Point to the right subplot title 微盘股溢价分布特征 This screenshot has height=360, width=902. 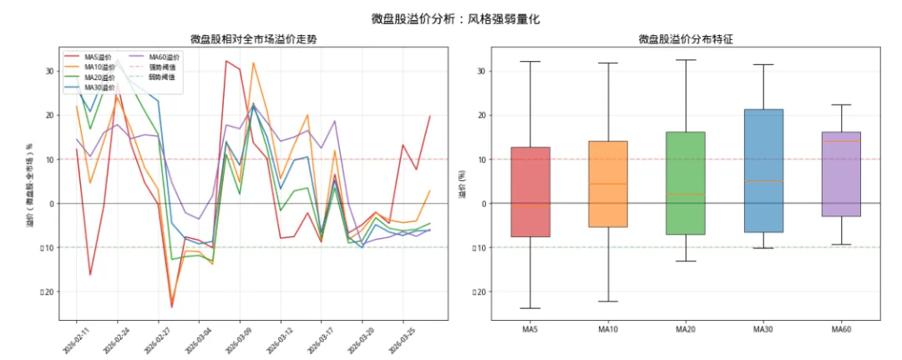(x=686, y=39)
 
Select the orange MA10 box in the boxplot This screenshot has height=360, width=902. (x=608, y=184)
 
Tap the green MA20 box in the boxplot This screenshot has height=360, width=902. (x=686, y=183)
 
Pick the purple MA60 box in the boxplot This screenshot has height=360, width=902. (x=841, y=174)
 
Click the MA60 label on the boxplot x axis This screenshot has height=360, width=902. (x=841, y=330)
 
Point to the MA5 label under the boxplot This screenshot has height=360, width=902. (x=530, y=330)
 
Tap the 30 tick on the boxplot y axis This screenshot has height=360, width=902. (x=480, y=71)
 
